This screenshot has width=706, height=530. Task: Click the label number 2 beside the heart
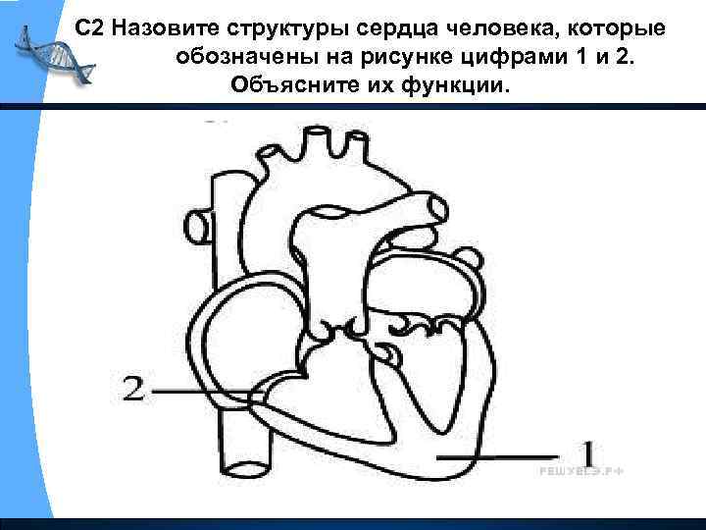(x=136, y=390)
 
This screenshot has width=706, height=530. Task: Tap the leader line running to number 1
(x=500, y=455)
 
